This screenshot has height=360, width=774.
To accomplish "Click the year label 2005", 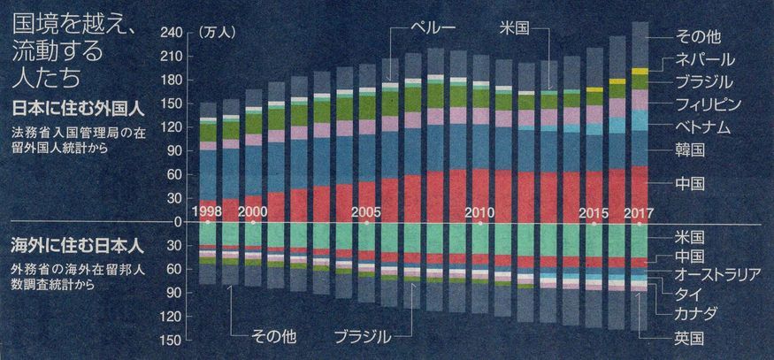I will click(x=365, y=213).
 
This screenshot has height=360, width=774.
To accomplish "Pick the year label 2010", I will click(x=479, y=213).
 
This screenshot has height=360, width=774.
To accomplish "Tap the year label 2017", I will click(x=639, y=213).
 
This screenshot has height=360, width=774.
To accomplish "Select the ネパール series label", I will click(x=706, y=60).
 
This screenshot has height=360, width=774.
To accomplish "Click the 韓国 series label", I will click(x=690, y=149).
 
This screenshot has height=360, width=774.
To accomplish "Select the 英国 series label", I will click(x=688, y=337).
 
